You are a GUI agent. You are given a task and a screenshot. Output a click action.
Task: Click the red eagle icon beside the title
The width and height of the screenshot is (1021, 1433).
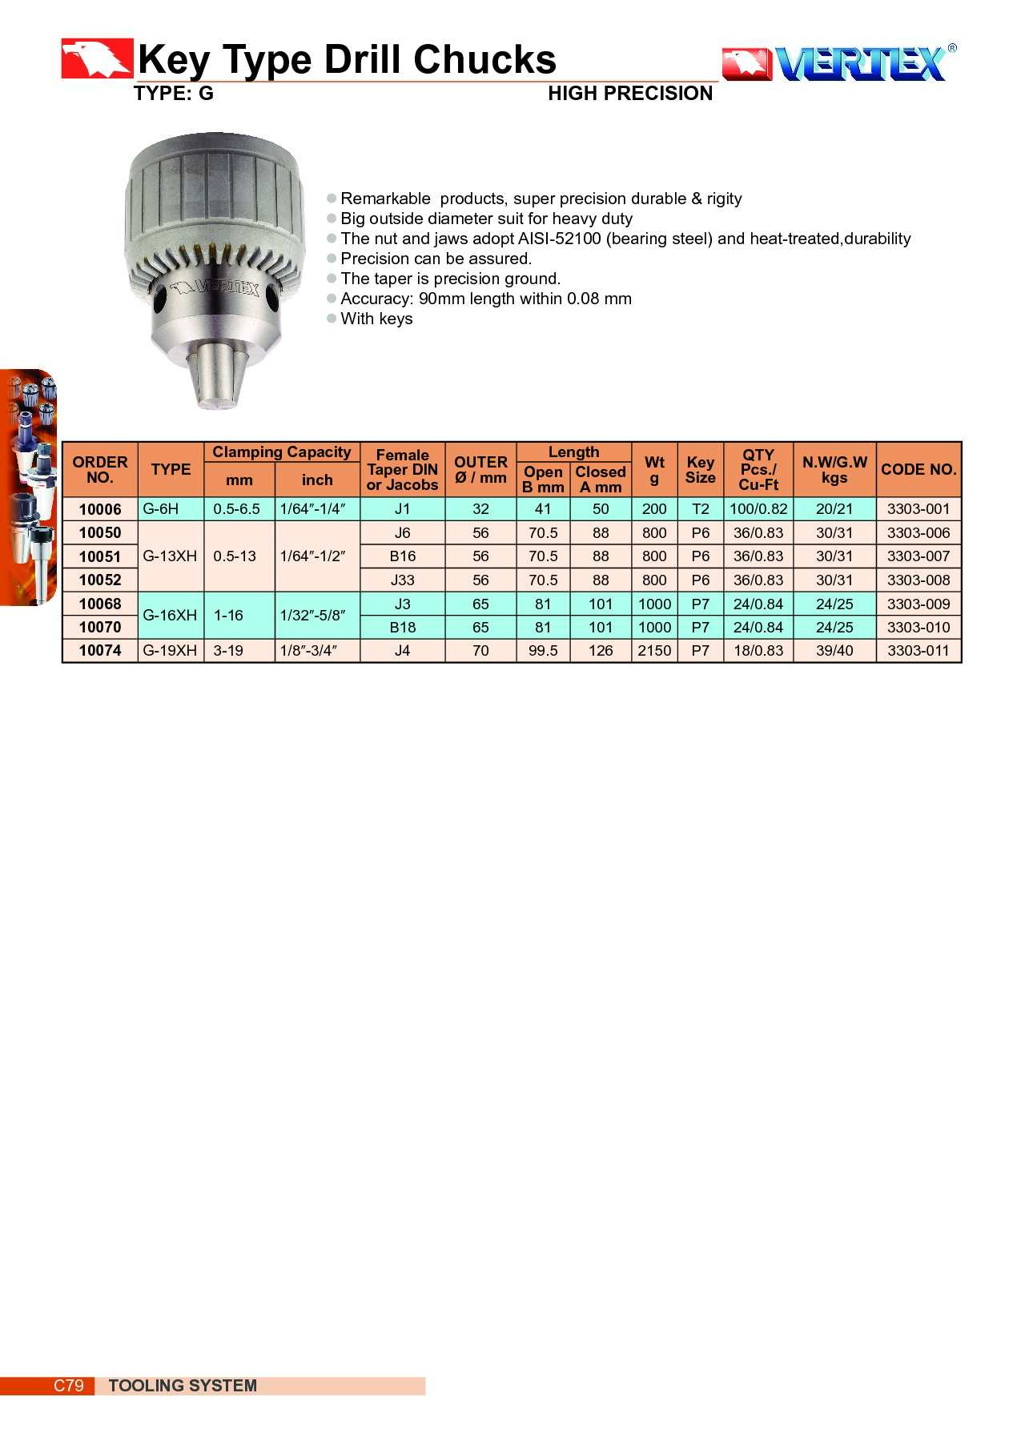tap(96, 58)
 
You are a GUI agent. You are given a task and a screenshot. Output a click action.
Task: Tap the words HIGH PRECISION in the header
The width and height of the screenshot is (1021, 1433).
tap(629, 94)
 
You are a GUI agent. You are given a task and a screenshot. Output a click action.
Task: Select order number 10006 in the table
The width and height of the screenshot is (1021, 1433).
tap(100, 509)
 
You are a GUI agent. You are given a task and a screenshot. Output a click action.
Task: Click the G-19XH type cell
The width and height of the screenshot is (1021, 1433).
tap(170, 651)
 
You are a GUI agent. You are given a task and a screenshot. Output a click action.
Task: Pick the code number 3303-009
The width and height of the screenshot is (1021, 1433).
tap(918, 604)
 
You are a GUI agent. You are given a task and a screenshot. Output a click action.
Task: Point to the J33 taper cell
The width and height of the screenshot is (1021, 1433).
tap(402, 580)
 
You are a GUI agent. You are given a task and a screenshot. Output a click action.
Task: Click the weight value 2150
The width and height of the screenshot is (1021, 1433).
tap(654, 651)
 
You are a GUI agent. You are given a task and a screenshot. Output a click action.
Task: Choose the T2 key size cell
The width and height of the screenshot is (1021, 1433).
tap(700, 509)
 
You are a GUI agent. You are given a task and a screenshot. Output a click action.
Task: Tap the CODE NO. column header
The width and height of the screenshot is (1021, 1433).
tap(918, 469)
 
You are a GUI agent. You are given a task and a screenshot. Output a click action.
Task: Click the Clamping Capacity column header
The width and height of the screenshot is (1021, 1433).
tap(281, 452)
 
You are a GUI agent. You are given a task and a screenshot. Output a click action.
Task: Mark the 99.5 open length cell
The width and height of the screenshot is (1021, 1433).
tap(543, 651)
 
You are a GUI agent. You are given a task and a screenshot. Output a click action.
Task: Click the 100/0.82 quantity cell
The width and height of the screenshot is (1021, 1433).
tap(758, 509)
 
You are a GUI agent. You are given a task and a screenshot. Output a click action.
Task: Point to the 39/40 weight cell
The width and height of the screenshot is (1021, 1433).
tap(834, 651)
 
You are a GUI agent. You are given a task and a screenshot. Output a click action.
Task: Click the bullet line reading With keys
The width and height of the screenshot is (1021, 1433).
tap(376, 319)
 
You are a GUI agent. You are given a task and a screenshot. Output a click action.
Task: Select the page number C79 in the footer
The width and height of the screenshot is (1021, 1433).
tap(68, 1386)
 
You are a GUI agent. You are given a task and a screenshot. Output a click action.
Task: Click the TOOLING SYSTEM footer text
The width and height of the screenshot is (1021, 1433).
tap(183, 1386)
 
